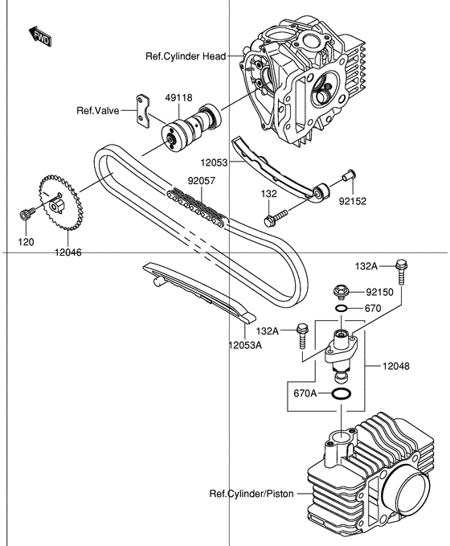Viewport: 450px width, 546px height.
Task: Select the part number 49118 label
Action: click(178, 97)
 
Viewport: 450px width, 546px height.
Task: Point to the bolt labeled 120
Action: click(24, 214)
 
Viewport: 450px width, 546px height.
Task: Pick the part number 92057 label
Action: click(202, 182)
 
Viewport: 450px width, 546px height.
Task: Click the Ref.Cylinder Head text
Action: click(186, 55)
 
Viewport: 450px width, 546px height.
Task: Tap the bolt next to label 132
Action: click(274, 217)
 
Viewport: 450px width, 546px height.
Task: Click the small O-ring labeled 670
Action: click(341, 309)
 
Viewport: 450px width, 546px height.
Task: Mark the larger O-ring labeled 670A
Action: click(341, 394)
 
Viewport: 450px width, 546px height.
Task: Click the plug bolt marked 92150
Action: click(341, 291)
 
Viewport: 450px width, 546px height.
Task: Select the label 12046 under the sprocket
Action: click(69, 252)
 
